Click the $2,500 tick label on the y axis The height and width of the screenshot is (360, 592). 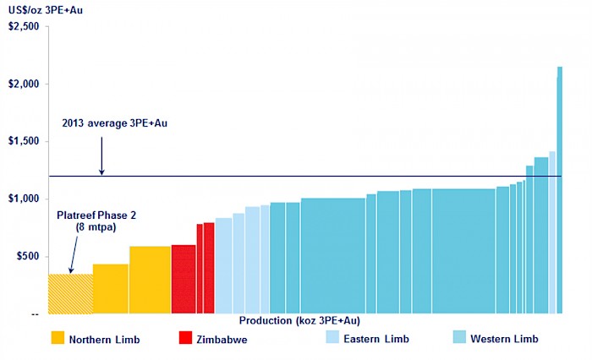tap(24, 26)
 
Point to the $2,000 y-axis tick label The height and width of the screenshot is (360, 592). tap(24, 84)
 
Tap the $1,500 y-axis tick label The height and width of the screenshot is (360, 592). tap(24, 141)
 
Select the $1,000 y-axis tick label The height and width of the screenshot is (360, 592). tap(24, 199)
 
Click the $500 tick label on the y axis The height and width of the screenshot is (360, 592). tap(28, 256)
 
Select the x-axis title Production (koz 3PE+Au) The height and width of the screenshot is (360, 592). tap(299, 320)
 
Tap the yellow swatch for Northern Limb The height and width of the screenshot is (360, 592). tap(58, 338)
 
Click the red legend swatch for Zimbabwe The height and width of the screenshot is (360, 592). tap(187, 338)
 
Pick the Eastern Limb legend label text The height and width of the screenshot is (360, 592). tap(378, 339)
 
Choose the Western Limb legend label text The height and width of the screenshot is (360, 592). tap(504, 339)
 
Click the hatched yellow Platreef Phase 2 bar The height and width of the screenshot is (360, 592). tap(70, 293)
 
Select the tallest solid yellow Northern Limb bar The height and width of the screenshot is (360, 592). tap(150, 280)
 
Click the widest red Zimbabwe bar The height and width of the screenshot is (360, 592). tap(184, 279)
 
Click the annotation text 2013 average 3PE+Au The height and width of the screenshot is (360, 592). tap(115, 123)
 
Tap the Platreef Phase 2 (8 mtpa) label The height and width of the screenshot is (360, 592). tap(96, 221)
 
